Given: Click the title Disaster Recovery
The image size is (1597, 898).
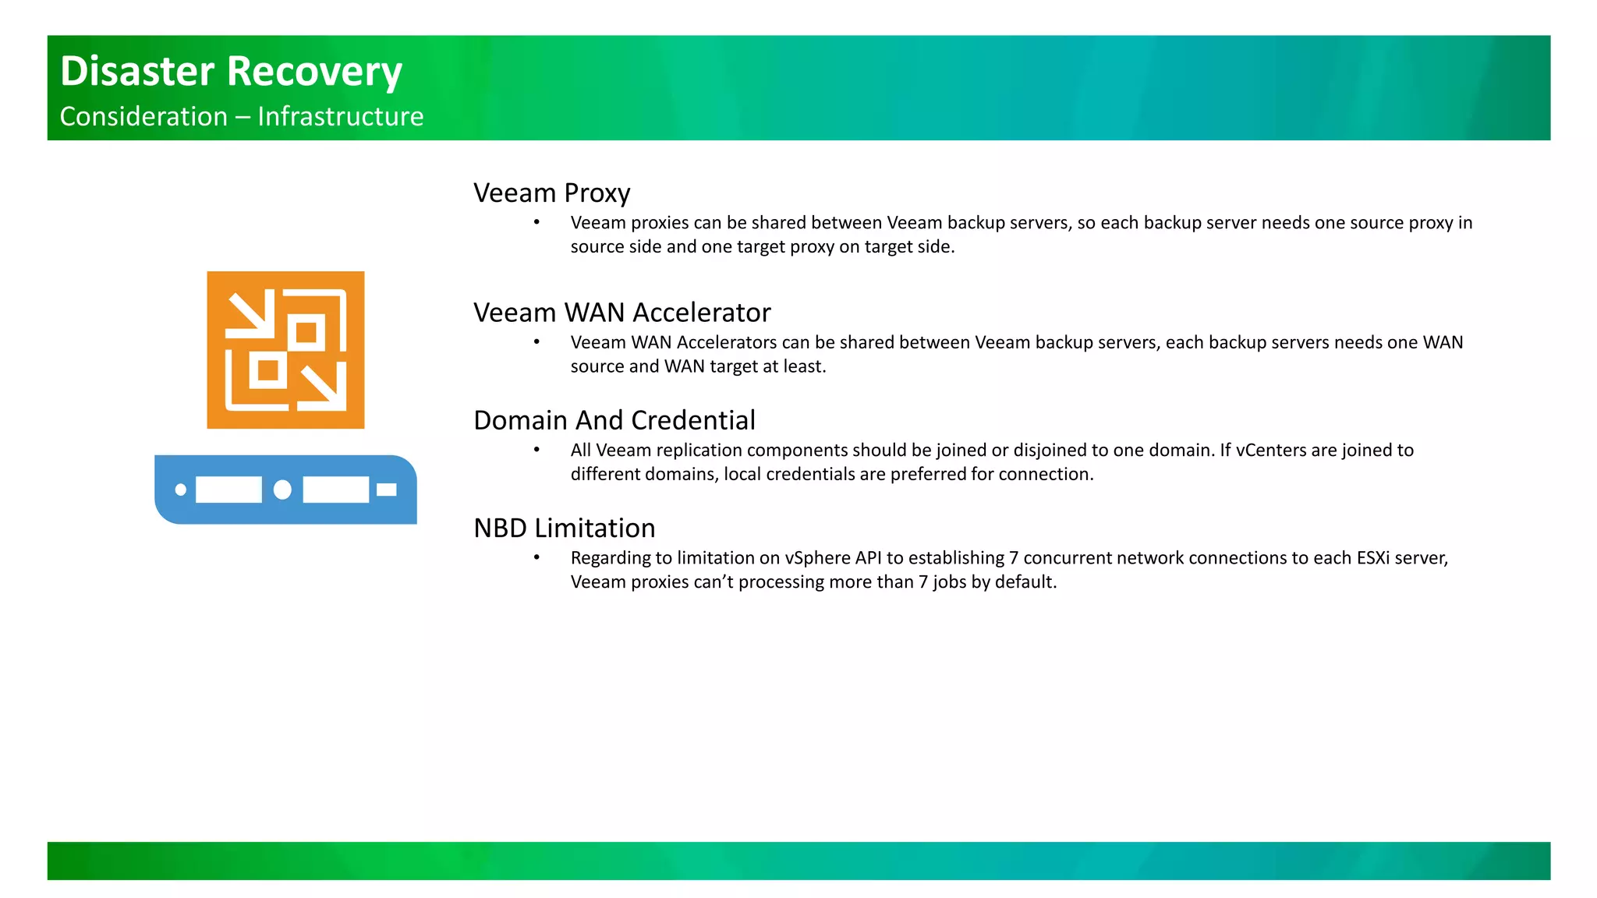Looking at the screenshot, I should [231, 71].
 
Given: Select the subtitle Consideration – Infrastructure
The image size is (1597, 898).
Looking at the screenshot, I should [242, 117].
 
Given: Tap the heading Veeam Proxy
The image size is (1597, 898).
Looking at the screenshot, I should [551, 193].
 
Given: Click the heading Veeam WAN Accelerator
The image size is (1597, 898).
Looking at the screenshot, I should [621, 313].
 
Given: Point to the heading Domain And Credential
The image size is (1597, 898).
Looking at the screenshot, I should [614, 420].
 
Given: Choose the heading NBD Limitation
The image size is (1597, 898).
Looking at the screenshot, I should [564, 529].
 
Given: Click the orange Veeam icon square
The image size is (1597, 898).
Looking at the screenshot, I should [285, 350].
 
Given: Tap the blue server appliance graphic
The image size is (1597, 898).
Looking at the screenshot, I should [285, 490].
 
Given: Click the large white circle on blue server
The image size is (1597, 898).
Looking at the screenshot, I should [282, 490].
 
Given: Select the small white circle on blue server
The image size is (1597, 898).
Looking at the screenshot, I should [181, 490].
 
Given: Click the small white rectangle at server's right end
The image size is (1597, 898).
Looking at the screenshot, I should [387, 490].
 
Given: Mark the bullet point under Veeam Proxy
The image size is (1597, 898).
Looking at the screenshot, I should [536, 223].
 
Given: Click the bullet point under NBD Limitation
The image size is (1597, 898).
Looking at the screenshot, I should [536, 558].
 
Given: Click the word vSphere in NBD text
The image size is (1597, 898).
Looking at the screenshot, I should [817, 558].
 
